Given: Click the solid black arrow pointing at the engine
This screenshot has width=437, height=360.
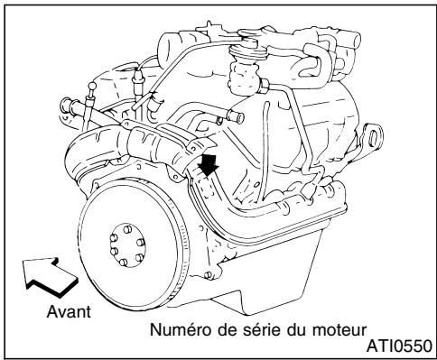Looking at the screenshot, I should click(209, 166).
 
